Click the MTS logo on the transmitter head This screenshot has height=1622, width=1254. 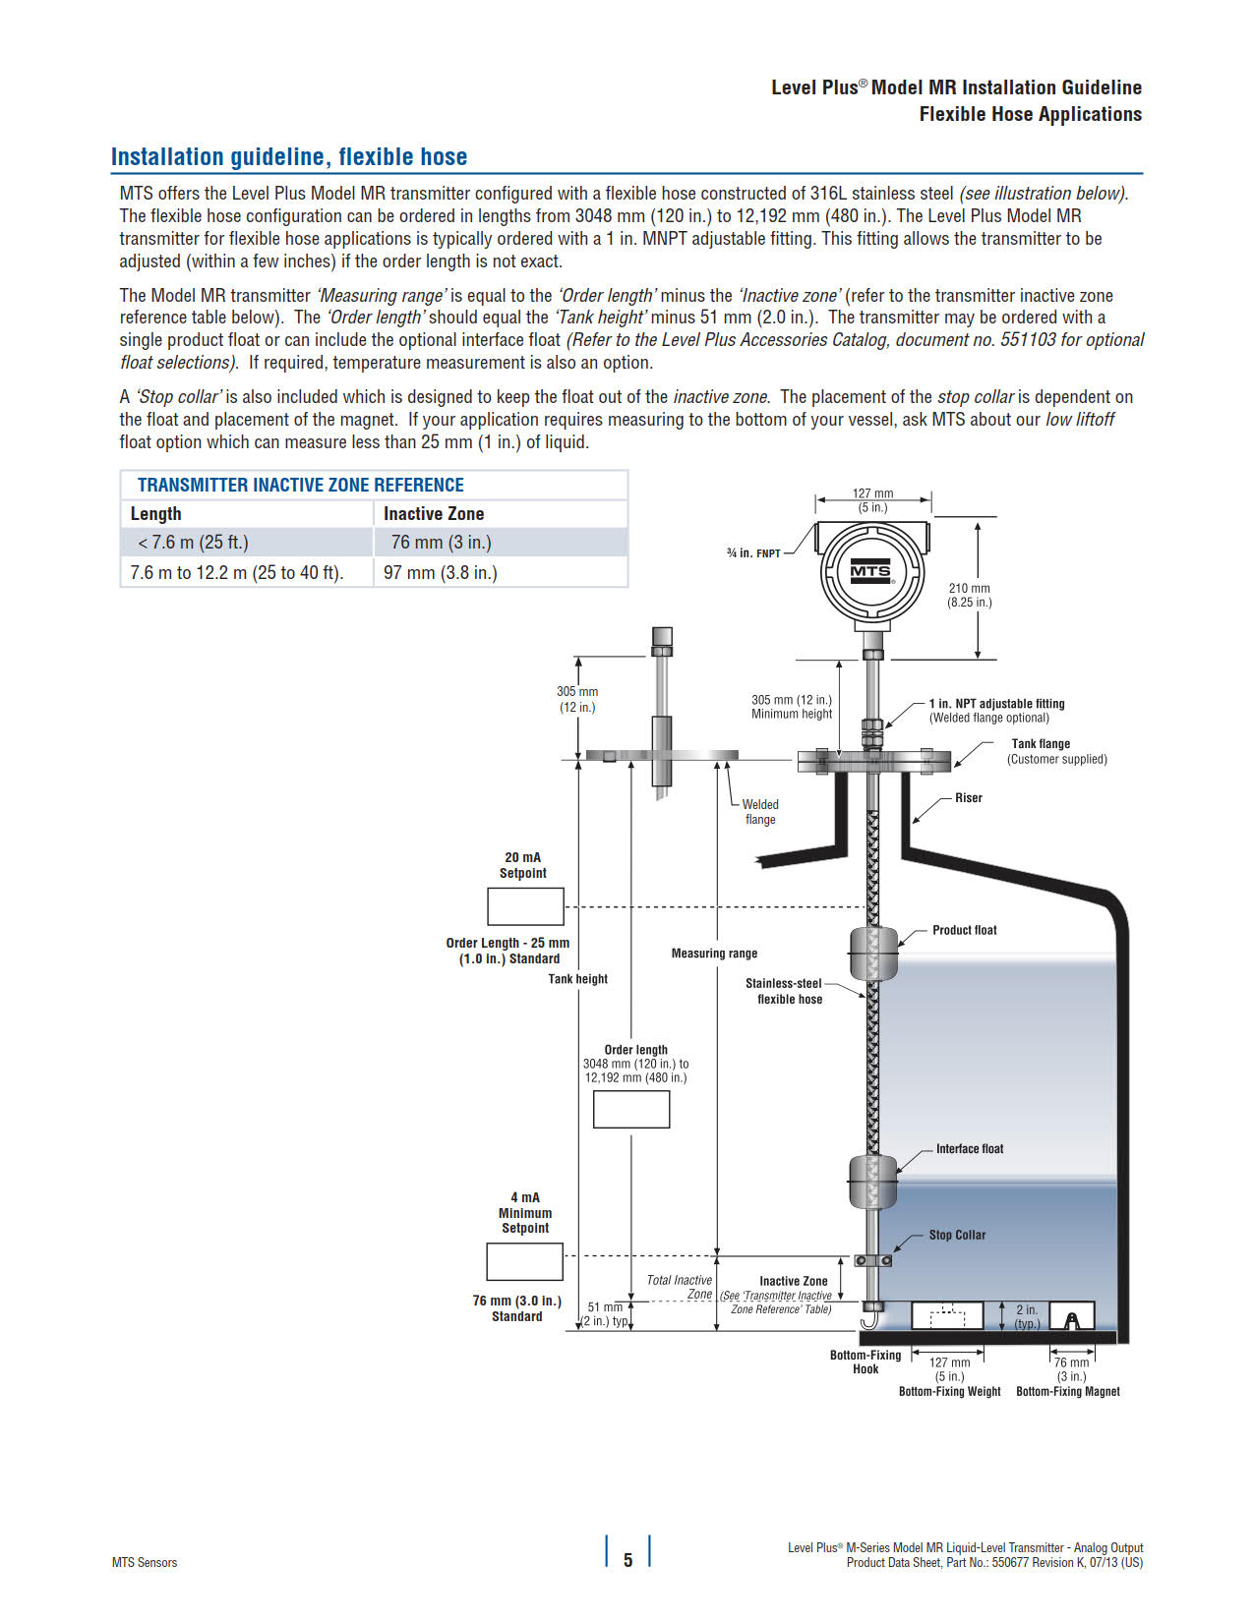pos(870,571)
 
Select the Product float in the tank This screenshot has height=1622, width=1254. pos(873,953)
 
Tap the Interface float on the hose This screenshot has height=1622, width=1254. pos(873,1180)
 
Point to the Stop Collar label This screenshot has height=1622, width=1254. pos(956,1235)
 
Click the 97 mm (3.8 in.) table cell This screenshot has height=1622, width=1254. pos(441,572)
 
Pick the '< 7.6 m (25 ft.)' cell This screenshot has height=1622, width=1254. pos(193,542)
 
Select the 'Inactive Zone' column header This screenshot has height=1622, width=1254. pos(434,513)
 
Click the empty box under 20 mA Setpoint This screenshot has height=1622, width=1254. pos(525,906)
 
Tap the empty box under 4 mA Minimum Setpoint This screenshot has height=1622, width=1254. pos(524,1261)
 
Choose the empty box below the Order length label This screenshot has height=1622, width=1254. pos(631,1109)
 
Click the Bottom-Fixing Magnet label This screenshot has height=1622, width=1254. pos(1067,1391)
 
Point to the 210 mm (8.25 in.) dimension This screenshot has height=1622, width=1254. pos(969,595)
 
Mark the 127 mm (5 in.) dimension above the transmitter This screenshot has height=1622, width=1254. pos(872,500)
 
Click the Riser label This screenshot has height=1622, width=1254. pos(968,797)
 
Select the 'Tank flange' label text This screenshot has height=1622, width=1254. pos(1041,743)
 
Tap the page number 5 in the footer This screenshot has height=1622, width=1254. pos(627,1559)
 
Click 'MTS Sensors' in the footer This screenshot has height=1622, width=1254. pos(145,1562)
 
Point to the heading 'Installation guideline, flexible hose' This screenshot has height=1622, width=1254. pos(289,157)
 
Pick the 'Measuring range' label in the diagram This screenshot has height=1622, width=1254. pos(714,953)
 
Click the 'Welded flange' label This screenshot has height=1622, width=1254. pos(759,811)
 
